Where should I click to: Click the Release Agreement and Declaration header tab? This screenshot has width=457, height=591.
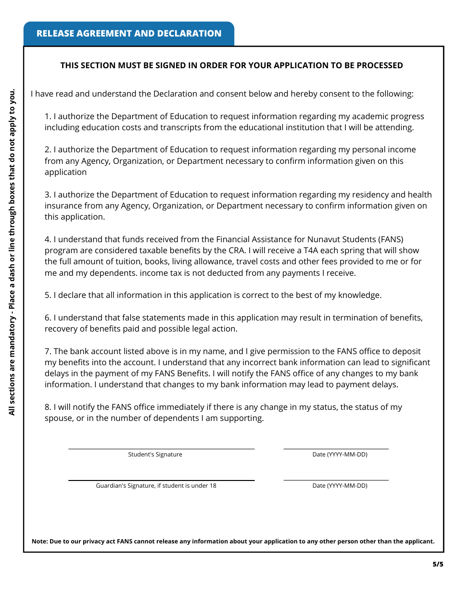pos(129,34)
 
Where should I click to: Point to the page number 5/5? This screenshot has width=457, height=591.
pos(437,564)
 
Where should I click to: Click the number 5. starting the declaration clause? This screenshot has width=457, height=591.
pos(48,295)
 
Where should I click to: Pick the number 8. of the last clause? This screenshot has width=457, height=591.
pos(48,407)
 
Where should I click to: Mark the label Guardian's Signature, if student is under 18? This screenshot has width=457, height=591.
pos(156,486)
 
